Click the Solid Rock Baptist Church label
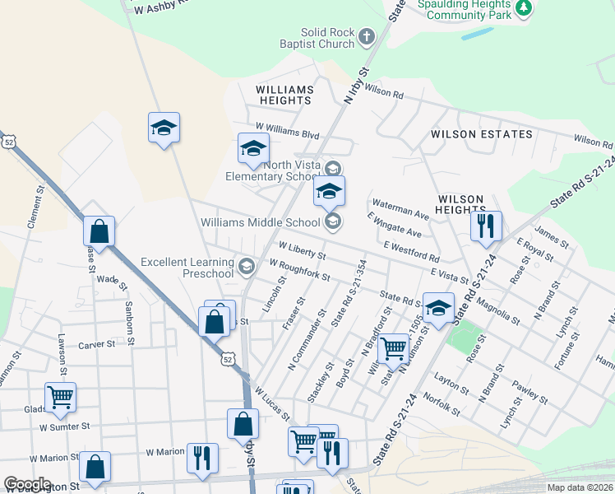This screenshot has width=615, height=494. tap(326, 38)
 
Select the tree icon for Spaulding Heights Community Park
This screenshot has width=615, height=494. tap(522, 9)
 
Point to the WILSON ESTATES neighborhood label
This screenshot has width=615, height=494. tap(481, 134)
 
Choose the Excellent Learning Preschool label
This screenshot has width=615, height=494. tap(187, 268)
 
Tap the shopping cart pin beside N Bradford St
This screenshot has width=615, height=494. tap(394, 347)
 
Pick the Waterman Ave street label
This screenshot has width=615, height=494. tap(401, 208)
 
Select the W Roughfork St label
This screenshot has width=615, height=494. tap(299, 270)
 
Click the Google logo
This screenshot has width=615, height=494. tap(26, 484)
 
